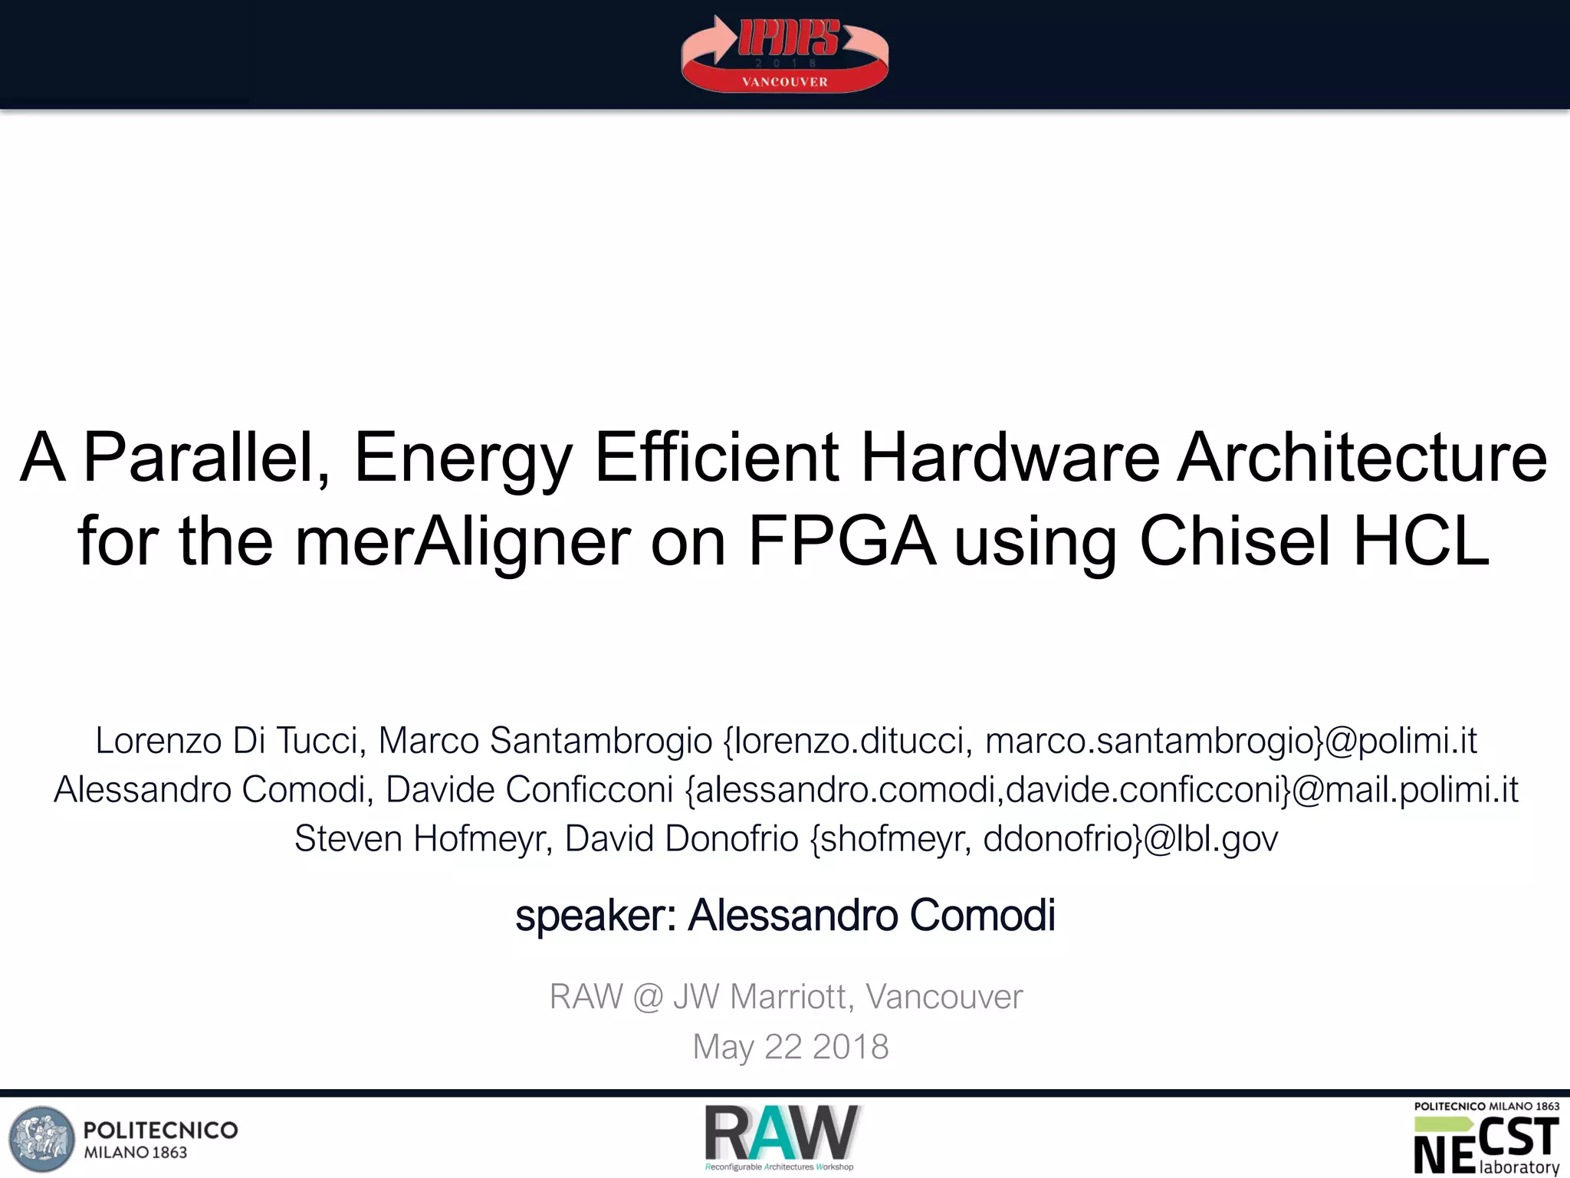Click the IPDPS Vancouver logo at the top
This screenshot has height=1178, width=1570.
785,54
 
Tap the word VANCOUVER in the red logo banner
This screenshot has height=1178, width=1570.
785,82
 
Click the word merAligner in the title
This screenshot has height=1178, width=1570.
463,541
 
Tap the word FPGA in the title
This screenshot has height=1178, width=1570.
841,541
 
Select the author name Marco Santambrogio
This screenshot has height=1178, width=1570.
545,741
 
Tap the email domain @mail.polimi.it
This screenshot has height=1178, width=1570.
1404,790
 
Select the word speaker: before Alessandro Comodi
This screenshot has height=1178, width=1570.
596,915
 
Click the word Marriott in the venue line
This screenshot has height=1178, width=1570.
787,997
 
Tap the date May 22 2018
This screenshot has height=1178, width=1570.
790,1047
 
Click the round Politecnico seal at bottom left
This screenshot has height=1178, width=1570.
42,1139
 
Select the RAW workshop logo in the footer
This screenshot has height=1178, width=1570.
781,1137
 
